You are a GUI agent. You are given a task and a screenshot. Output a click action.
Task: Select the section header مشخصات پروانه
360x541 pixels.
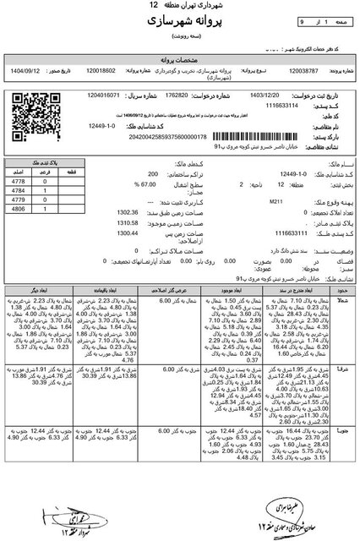tap(179, 62)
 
